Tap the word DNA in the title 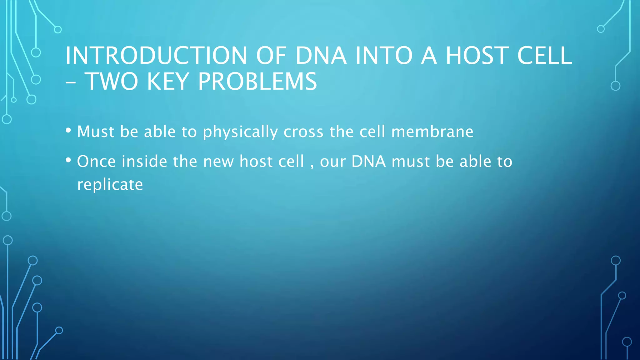pyautogui.click(x=321, y=56)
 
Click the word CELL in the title pyautogui.click(x=544, y=56)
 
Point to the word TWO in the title pyautogui.click(x=111, y=82)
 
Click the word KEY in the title pyautogui.click(x=167, y=82)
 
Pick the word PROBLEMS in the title pyautogui.click(x=257, y=82)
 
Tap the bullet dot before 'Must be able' pyautogui.click(x=68, y=130)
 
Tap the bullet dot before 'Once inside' pyautogui.click(x=68, y=160)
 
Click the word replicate pyautogui.click(x=110, y=185)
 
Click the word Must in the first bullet pyautogui.click(x=96, y=132)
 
